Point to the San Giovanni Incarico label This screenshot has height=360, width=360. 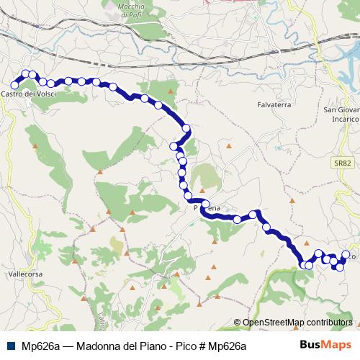(341, 114)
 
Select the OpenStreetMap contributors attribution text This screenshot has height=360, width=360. (297, 323)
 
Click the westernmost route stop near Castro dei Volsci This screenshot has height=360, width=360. (14, 85)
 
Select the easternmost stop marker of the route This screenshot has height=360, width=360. (346, 254)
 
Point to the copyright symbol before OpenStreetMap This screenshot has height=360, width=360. (238, 323)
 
